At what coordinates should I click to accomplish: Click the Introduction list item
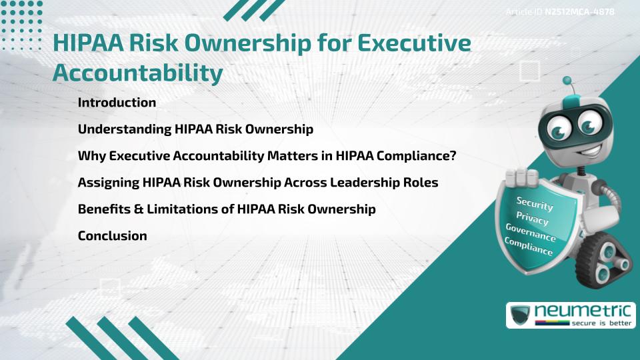(117, 103)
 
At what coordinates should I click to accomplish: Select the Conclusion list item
(112, 236)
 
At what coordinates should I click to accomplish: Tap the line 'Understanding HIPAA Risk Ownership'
(195, 129)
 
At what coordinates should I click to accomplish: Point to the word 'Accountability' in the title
(137, 73)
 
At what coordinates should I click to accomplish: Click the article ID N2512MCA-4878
(578, 11)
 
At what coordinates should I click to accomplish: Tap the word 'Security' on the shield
(534, 204)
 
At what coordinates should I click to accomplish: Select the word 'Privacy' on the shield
(532, 219)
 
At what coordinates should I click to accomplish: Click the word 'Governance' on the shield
(530, 233)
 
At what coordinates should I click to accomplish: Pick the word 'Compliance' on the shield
(529, 247)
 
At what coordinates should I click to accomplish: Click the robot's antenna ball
(568, 81)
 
